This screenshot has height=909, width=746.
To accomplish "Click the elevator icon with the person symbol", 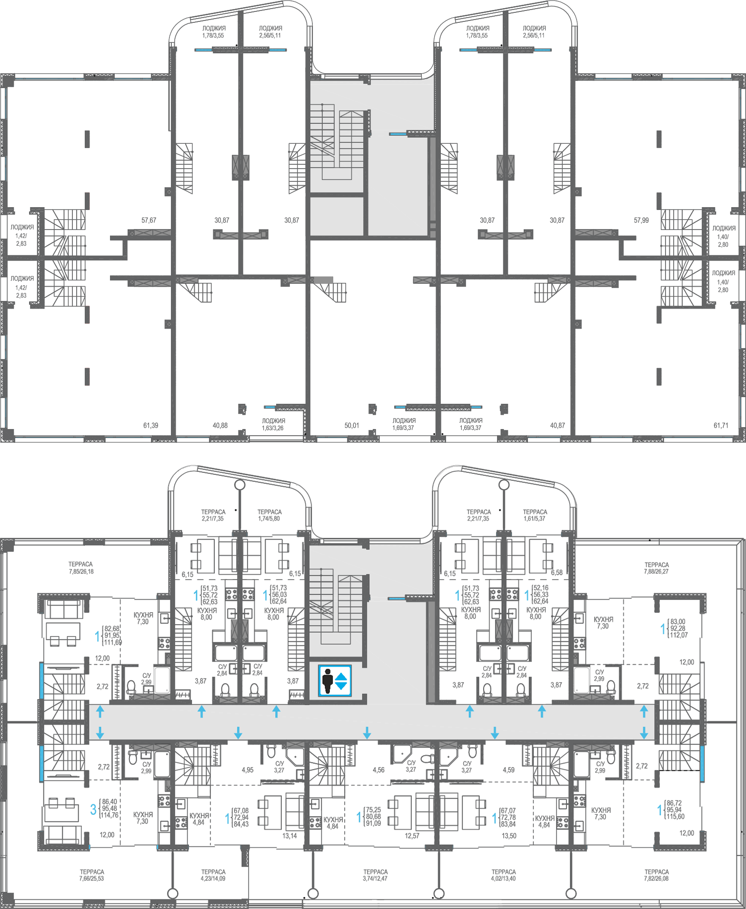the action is click(335, 680).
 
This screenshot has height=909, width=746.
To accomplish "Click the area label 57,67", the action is click(149, 220).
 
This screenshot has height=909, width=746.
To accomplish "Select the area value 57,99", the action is click(641, 220).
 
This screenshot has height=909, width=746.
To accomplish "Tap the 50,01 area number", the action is click(352, 425).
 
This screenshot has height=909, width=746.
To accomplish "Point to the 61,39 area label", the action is click(150, 425).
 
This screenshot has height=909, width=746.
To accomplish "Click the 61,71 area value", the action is click(721, 425).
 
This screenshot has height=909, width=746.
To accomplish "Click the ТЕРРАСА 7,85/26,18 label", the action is click(80, 568).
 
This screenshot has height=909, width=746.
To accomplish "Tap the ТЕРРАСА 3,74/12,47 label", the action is click(375, 875).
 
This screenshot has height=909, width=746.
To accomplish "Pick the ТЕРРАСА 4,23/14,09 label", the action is click(213, 875).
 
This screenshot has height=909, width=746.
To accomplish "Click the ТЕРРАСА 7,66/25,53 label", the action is click(91, 875).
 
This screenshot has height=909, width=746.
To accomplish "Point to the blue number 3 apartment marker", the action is click(93, 809).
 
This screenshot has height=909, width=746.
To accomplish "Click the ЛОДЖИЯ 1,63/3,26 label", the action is click(273, 424).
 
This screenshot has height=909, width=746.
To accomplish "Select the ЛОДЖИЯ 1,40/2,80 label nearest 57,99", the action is click(723, 236).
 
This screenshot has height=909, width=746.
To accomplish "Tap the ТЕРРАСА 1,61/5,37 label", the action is click(535, 515).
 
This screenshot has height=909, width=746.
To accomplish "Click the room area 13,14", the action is click(289, 836).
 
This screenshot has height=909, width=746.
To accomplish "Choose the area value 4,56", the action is click(378, 769).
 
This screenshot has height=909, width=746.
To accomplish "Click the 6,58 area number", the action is click(557, 572).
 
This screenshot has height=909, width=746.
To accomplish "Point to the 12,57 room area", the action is click(412, 836).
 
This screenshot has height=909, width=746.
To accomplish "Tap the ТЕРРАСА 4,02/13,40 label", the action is click(503, 875).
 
